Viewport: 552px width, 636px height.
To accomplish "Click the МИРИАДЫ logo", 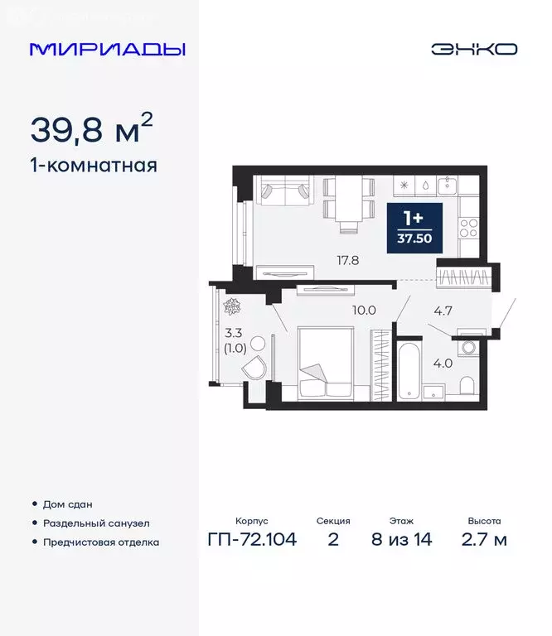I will pos(107,49).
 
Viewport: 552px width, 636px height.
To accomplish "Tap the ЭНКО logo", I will pos(473,49).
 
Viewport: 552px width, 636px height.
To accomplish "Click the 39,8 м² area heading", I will pos(91,129).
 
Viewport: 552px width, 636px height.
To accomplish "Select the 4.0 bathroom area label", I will pos(443,362).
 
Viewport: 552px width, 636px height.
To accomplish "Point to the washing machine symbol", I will pos(469,345).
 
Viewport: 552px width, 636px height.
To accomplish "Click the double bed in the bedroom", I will pos(326,364).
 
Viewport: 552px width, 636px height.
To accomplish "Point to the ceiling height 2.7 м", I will pos(484,541).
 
